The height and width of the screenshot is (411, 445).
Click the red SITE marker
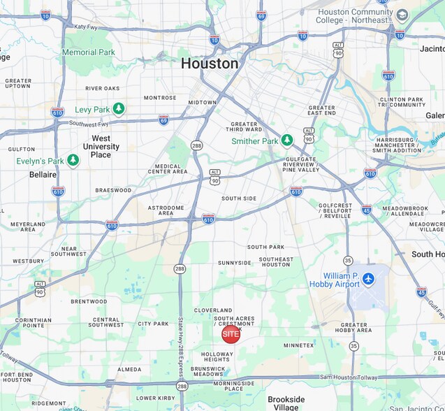pyautogui.click(x=231, y=334)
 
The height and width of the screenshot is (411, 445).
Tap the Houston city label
pyautogui.click(x=210, y=64)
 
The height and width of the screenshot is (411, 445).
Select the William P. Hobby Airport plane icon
pyautogui.click(x=369, y=280)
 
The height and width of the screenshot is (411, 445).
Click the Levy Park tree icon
pyautogui.click(x=119, y=108)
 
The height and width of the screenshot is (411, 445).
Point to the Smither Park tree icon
pyautogui.click(x=287, y=140)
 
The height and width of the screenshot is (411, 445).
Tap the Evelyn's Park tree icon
pyautogui.click(x=73, y=161)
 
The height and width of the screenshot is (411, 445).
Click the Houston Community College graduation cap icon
pyautogui.click(x=402, y=15)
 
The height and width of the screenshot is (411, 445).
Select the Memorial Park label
pyautogui.click(x=89, y=52)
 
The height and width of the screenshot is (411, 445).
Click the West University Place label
pyautogui.click(x=101, y=146)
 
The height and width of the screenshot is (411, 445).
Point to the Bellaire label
pyautogui.click(x=43, y=174)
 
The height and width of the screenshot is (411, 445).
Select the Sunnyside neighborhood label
pyautogui.click(x=234, y=263)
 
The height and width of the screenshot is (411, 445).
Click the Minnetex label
pyautogui.click(x=298, y=345)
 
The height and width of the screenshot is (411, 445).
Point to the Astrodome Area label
pyautogui.click(x=165, y=210)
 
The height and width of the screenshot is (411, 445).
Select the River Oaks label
pyautogui.click(x=103, y=89)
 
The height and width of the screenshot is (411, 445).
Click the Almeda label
pyautogui.click(x=129, y=369)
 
